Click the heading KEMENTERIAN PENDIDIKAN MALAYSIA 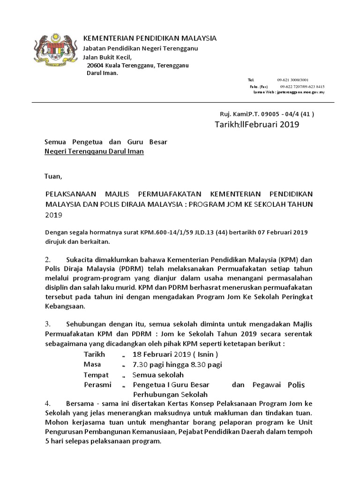[150, 38]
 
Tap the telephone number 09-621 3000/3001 [292, 80]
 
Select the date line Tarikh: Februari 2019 [256, 125]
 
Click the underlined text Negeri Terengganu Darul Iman [94, 151]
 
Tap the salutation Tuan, [53, 177]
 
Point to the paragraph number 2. [47, 259]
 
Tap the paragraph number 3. [47, 324]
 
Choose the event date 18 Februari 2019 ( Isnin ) [175, 354]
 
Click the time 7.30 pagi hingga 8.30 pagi [177, 364]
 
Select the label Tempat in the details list [96, 375]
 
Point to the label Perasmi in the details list [97, 385]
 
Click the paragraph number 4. [47, 404]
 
